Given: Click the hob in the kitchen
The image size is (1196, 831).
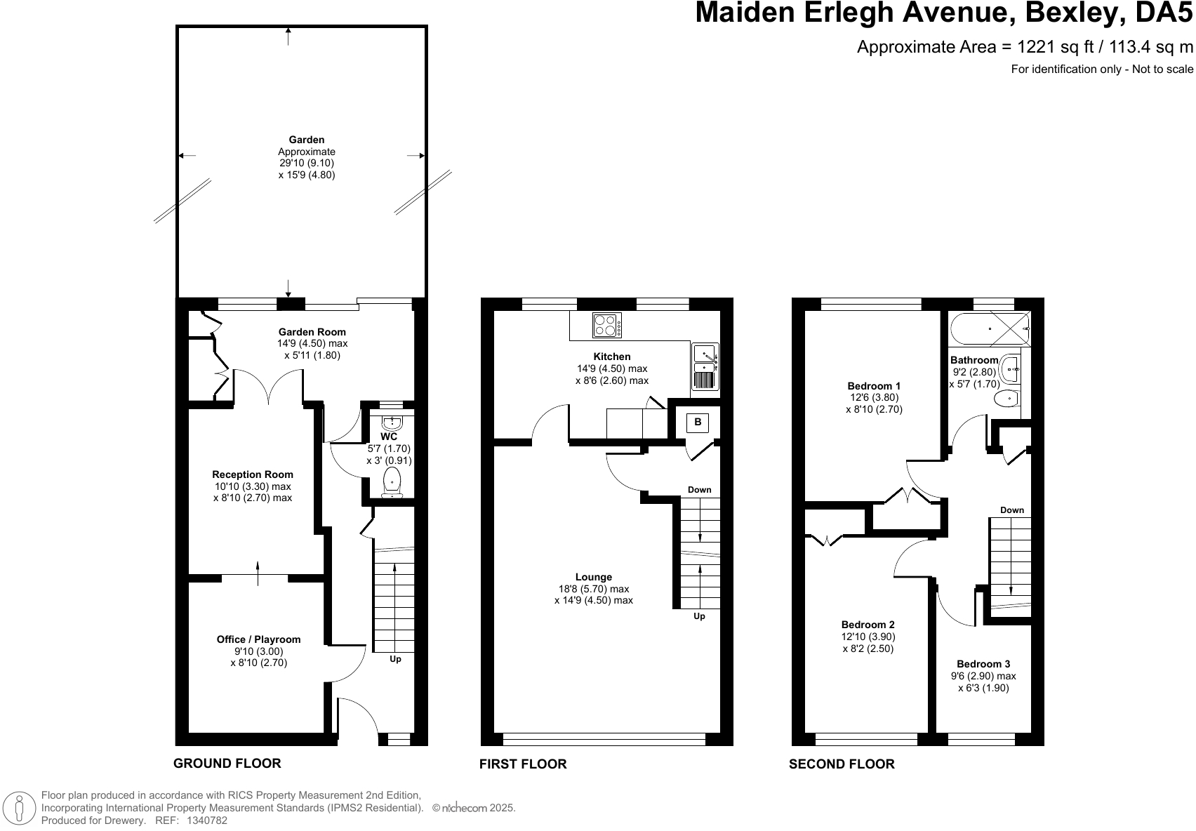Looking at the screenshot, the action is click(607, 325).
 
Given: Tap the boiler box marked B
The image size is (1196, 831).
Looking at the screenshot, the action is click(697, 423).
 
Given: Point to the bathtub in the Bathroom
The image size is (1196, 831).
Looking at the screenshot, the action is click(990, 329).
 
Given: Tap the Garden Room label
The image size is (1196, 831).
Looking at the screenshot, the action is click(312, 332).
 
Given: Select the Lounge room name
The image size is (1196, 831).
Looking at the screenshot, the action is click(594, 577).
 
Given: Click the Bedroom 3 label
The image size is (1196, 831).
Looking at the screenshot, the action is click(983, 664).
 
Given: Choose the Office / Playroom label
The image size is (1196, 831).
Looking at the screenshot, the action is click(258, 639).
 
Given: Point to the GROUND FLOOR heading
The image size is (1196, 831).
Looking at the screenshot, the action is click(227, 763).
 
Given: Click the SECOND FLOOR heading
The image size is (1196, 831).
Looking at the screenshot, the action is click(842, 764).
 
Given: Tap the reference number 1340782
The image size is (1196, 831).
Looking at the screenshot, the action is click(206, 820).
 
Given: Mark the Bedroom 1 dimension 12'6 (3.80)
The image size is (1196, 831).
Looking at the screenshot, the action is click(874, 397).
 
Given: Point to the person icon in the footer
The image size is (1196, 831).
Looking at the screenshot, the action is click(19, 808).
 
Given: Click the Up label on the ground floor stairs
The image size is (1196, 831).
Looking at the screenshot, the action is click(395, 659).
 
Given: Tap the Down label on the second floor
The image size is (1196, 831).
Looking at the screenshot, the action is click(1012, 510).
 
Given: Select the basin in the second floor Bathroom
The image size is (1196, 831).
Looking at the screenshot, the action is click(1010, 368).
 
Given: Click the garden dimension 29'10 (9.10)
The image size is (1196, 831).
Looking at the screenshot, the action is click(307, 163).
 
